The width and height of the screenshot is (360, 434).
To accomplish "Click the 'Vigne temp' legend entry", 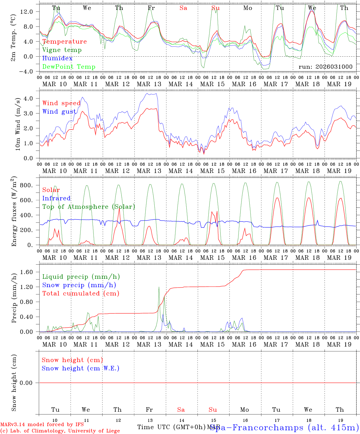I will (62, 50).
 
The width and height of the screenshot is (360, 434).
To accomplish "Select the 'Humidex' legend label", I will (57, 58).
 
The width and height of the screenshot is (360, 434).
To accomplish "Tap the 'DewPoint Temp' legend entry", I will (69, 67).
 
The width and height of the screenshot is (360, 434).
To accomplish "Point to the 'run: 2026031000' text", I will (325, 67).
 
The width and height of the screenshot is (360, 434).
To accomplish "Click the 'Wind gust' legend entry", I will (59, 112).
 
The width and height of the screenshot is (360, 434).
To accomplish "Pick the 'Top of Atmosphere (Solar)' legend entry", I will (89, 207).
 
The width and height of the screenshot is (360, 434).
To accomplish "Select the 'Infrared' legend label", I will (56, 198).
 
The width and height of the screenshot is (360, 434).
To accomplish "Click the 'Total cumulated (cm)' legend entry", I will (81, 294).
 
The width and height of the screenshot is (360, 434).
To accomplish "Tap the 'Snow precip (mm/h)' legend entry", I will (79, 285).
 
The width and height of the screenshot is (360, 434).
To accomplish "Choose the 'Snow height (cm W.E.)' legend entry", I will (81, 368).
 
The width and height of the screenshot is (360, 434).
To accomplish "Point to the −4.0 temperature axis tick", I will (27, 71).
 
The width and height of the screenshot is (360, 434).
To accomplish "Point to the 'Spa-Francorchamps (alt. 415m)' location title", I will (284, 427).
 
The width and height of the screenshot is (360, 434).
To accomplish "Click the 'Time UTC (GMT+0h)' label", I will (172, 427).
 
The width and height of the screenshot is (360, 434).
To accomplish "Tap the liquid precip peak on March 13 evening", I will (159, 287).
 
